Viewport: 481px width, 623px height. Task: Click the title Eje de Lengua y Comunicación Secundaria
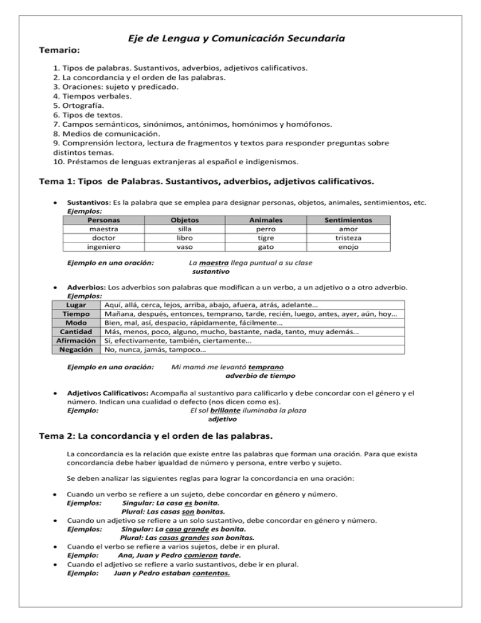pos(240,38)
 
